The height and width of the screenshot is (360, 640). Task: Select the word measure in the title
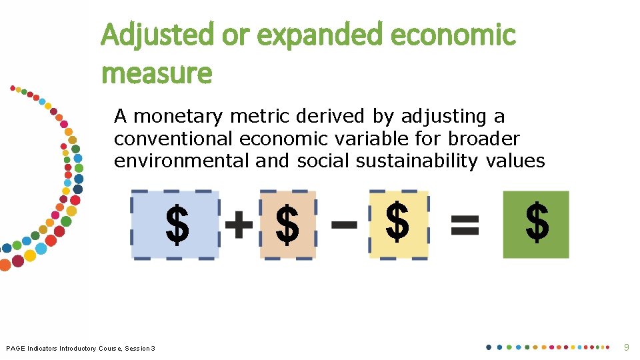point(157,73)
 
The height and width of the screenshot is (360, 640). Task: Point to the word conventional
point(173,139)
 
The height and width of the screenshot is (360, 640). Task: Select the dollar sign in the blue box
point(177,225)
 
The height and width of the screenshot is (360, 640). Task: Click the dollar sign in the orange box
point(287,225)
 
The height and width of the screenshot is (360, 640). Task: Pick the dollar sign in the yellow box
point(397,222)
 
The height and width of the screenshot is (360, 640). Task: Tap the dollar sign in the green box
point(537,223)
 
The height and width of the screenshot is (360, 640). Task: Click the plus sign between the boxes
point(239,225)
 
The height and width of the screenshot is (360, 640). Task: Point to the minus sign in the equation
point(344,224)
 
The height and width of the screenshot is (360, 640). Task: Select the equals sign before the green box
point(465,224)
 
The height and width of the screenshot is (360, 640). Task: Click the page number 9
point(625,347)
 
